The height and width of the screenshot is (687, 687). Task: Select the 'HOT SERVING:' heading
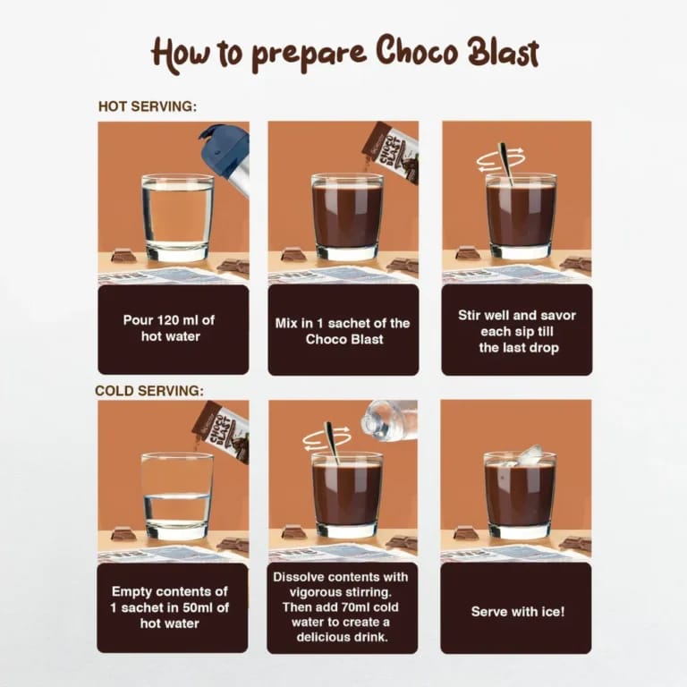[x=147, y=106]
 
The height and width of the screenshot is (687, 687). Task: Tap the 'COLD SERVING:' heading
[x=149, y=391]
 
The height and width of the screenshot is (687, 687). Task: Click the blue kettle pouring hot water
[x=225, y=156]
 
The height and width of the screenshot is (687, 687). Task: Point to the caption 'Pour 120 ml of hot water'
[x=169, y=327]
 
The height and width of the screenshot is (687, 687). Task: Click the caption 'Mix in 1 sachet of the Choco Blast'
[x=343, y=331]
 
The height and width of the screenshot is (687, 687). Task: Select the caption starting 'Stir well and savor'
[x=518, y=331]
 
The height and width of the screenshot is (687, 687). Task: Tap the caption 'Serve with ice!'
[x=517, y=612]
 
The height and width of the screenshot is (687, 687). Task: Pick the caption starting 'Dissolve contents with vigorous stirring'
[x=343, y=606]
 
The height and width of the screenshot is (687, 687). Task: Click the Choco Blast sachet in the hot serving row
[x=394, y=150]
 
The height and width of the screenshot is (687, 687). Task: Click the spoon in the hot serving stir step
[x=506, y=161]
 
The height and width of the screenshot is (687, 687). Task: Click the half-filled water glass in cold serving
[x=177, y=496]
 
